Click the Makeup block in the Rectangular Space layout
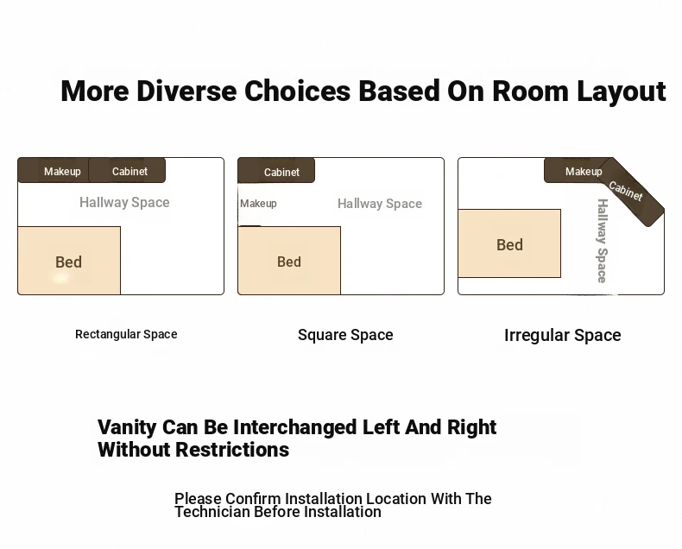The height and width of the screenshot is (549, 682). [x=53, y=170]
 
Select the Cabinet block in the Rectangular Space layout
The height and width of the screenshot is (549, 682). [x=127, y=170]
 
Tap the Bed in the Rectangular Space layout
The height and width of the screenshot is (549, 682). [x=69, y=261]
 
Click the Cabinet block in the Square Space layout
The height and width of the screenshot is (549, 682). [x=276, y=171]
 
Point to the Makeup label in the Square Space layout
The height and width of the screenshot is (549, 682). [x=258, y=204]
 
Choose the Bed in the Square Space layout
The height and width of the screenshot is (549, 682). [x=289, y=261]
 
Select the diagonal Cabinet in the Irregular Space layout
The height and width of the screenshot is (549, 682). [x=632, y=192]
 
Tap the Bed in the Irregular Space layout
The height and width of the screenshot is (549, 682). [x=509, y=243]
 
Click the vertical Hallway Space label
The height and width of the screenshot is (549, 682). [x=603, y=241]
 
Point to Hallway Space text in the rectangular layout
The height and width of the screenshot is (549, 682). [x=124, y=202]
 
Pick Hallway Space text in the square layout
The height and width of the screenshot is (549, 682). [x=380, y=204]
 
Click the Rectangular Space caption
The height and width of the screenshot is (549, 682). [x=126, y=334]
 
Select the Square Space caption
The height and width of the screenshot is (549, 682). [x=345, y=335]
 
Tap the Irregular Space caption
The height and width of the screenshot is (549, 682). [x=562, y=336]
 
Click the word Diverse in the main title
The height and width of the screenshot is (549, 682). [x=186, y=91]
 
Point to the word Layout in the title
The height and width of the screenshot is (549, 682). [x=622, y=91]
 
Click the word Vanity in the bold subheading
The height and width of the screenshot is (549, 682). [x=127, y=427]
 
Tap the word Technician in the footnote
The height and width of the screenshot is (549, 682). [x=212, y=512]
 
